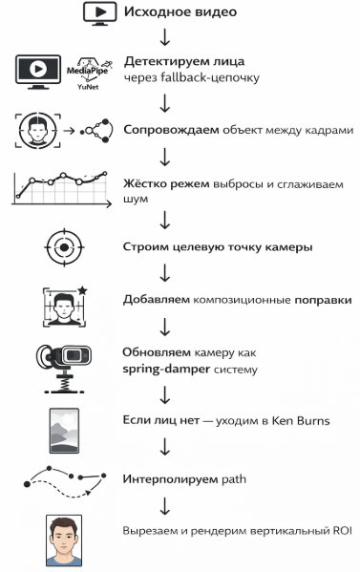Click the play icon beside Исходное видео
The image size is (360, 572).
pos(99,11)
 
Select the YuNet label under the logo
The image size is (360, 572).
pos(88,85)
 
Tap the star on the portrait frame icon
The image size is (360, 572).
pos(83,287)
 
